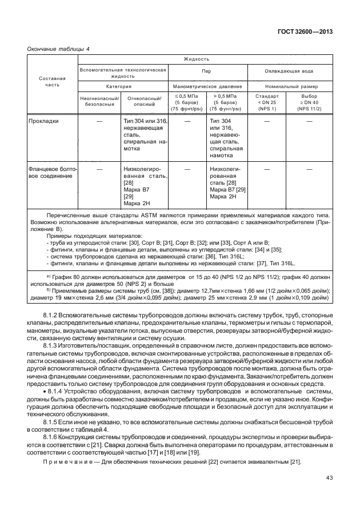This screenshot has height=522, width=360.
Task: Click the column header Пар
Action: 207,72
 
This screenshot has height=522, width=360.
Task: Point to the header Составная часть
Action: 52,81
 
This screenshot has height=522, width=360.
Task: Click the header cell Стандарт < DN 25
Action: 267,101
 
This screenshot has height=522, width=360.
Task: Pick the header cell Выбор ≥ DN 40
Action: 309,101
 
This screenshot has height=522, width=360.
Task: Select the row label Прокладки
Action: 44,121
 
